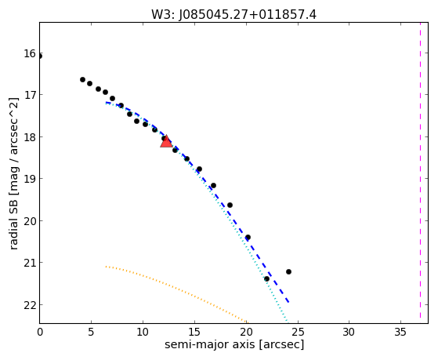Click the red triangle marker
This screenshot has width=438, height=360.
click(x=166, y=141)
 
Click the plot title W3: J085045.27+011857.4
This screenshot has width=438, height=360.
click(x=233, y=15)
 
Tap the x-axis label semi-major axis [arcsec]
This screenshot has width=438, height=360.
click(x=234, y=344)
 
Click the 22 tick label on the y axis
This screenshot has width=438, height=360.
click(x=31, y=305)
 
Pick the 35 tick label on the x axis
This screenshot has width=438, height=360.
click(x=400, y=332)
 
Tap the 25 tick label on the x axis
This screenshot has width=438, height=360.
click(x=298, y=332)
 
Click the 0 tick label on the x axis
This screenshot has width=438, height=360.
click(x=40, y=332)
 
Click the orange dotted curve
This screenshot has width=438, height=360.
click(x=177, y=289)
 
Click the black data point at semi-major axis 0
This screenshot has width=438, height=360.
click(x=39, y=56)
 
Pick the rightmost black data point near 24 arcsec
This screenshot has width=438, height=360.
click(x=288, y=271)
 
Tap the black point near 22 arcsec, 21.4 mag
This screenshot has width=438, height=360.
click(x=266, y=278)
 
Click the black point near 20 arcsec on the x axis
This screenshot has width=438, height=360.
click(x=248, y=237)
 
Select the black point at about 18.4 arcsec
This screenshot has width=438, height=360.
click(x=230, y=205)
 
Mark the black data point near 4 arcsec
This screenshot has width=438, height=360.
click(x=82, y=79)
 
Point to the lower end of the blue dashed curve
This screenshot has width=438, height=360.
click(x=288, y=303)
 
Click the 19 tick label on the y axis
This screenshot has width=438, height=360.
click(x=31, y=179)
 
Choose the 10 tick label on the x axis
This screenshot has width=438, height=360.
click(x=143, y=332)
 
